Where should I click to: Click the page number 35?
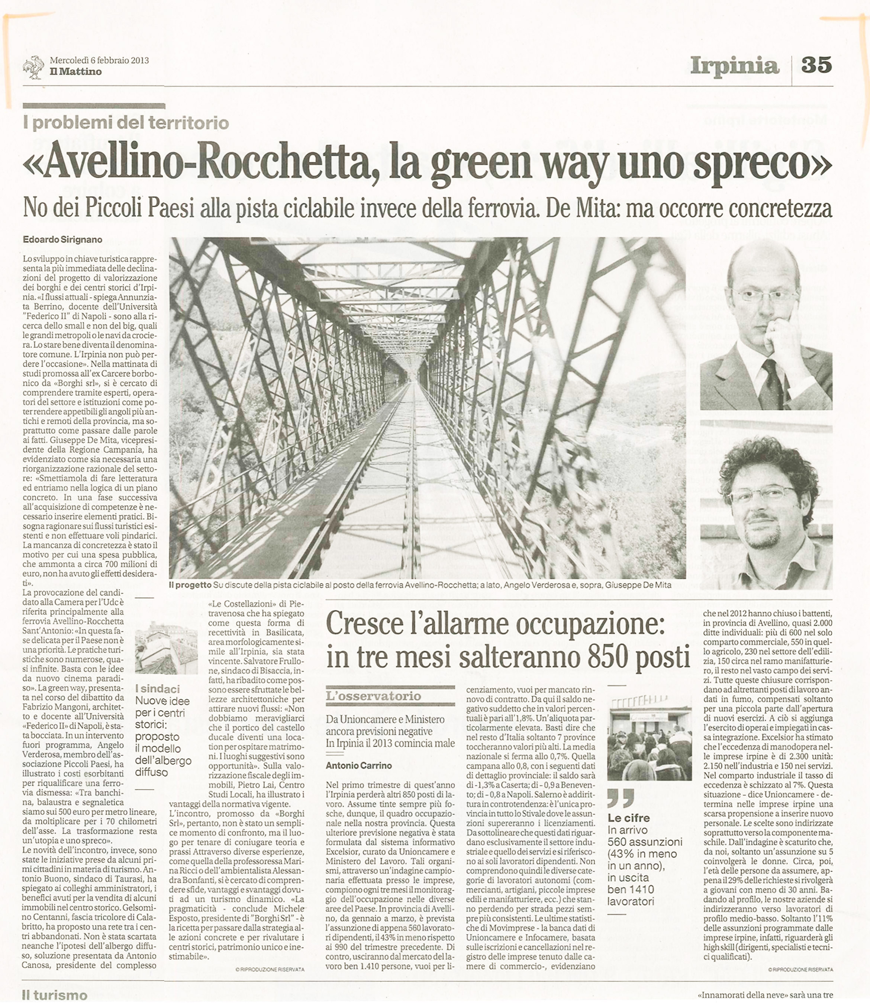point(816,65)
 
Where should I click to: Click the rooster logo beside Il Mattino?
point(33,68)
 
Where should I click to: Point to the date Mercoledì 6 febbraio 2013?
point(99,61)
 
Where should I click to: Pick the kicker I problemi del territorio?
point(126,123)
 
